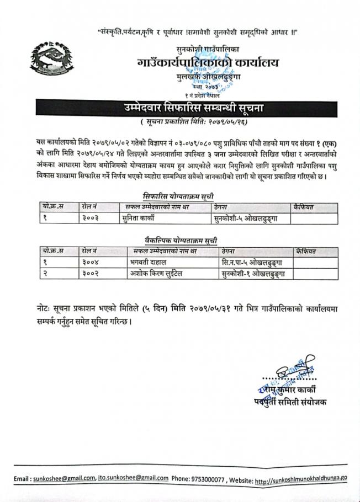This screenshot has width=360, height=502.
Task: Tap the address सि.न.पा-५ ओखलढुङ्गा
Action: [246, 262]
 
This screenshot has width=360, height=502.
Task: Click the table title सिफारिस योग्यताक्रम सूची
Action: [177, 196]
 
